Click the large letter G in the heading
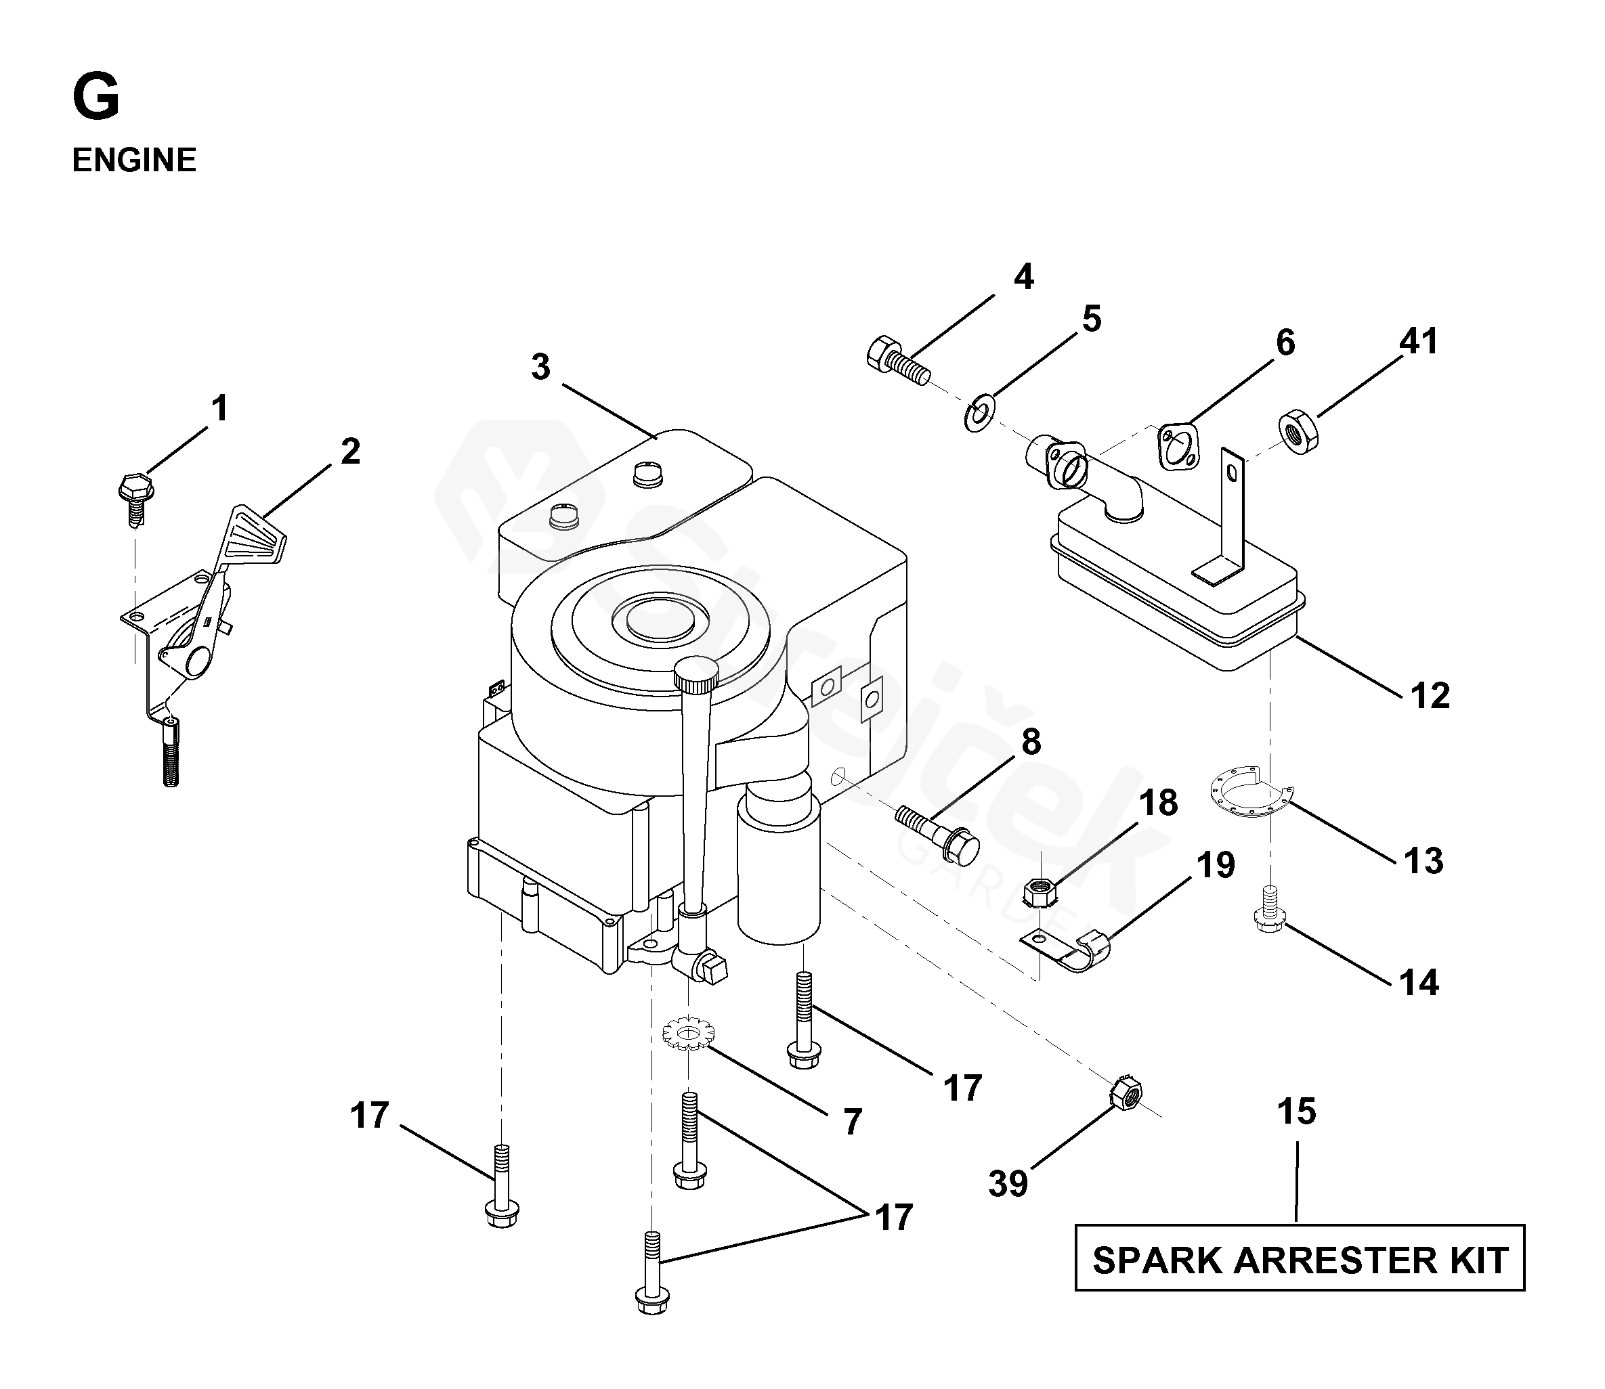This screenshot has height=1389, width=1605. tap(96, 98)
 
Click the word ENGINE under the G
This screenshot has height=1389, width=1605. tap(134, 160)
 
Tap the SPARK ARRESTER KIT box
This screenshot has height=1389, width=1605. tap(1300, 1260)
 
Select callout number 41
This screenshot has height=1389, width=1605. tap(1419, 341)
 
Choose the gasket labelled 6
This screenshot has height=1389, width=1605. tap(1178, 447)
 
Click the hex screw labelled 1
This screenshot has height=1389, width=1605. tap(137, 495)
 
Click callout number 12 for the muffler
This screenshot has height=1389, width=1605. tap(1430, 695)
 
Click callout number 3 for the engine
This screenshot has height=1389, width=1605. tap(540, 367)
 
